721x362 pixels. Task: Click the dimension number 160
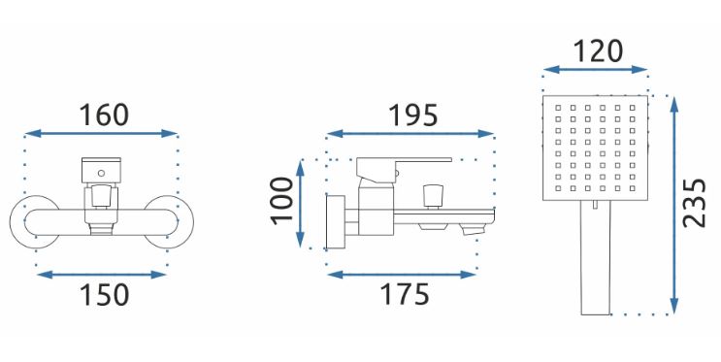tap(104, 115)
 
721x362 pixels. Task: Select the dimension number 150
tap(105, 295)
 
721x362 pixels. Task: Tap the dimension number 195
tap(413, 115)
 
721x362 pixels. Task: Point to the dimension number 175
tap(405, 294)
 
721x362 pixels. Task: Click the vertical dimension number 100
tap(281, 201)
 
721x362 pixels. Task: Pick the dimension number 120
tap(598, 51)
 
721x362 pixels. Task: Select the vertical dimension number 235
tap(694, 203)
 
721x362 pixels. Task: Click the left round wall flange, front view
tap(34, 221)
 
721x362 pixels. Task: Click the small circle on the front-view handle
tap(101, 174)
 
